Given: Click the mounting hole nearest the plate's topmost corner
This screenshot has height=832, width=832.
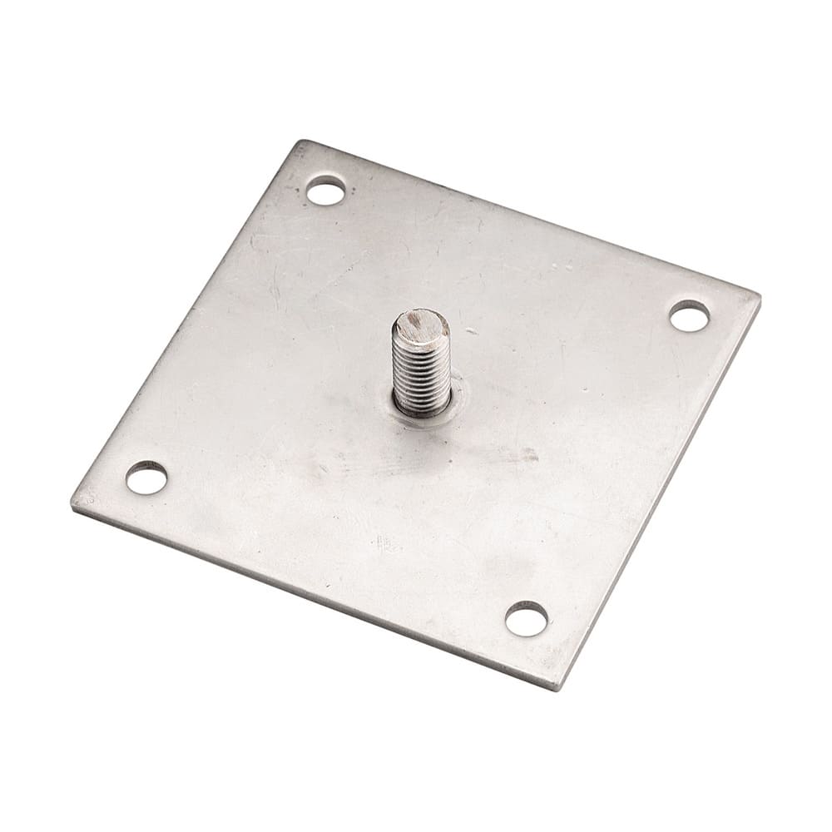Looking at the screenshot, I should [325, 191].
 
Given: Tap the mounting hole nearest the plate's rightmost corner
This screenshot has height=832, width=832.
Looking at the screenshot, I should [689, 316].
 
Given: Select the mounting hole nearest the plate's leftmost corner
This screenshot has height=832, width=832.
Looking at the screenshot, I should [146, 478].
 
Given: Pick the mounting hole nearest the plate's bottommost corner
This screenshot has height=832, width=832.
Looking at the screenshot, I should [527, 618].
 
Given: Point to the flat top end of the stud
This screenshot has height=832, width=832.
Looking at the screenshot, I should [420, 324].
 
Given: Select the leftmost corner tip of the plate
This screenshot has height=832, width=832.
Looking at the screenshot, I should [73, 503].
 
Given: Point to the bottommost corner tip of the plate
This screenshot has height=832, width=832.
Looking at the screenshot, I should [559, 688].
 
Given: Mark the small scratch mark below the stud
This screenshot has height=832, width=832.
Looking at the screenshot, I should [384, 545].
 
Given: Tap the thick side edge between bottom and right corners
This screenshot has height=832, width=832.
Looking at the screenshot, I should [661, 491].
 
